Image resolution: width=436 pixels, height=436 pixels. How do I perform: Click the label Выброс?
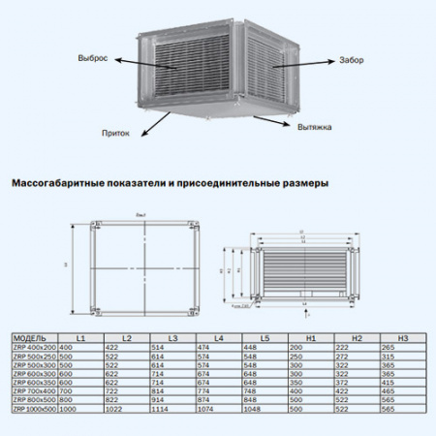point(94,57)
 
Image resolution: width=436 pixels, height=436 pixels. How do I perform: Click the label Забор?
point(351,60)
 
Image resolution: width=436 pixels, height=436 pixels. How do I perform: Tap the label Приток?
point(114,133)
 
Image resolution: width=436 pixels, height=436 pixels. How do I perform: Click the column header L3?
point(171,337)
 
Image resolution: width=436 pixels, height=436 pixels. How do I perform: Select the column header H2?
point(356,337)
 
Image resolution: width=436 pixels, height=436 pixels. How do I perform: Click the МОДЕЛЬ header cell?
point(30,337)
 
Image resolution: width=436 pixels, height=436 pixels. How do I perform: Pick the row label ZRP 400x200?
point(34,346)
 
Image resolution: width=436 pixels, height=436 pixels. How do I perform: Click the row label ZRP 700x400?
point(34,391)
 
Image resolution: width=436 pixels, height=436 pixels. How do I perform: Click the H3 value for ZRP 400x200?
point(389,346)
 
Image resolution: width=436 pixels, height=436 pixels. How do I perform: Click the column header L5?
point(265,337)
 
